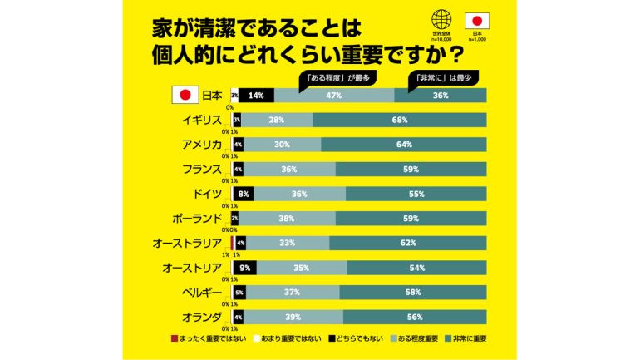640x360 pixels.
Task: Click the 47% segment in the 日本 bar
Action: point(334,96)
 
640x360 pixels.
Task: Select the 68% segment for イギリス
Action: point(400,121)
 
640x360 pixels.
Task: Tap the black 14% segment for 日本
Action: point(256,96)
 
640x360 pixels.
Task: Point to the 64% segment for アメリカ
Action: point(405,145)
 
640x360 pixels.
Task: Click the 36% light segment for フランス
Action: point(289,170)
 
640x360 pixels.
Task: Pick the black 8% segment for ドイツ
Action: point(244,194)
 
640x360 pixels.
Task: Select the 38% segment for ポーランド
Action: point(288,219)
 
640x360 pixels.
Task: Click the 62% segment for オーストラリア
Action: point(407,243)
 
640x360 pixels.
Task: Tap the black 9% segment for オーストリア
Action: point(245,268)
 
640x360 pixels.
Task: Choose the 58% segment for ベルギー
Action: point(413,293)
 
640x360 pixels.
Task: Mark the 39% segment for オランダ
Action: point(293,317)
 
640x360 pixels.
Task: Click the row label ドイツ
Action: point(204,194)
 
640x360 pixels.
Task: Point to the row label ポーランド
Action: point(194,219)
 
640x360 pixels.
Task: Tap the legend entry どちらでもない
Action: point(360,339)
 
